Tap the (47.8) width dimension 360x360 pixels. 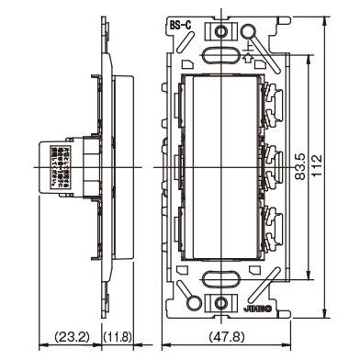[224, 338]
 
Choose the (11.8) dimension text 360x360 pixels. [118, 338]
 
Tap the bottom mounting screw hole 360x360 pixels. [223, 300]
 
